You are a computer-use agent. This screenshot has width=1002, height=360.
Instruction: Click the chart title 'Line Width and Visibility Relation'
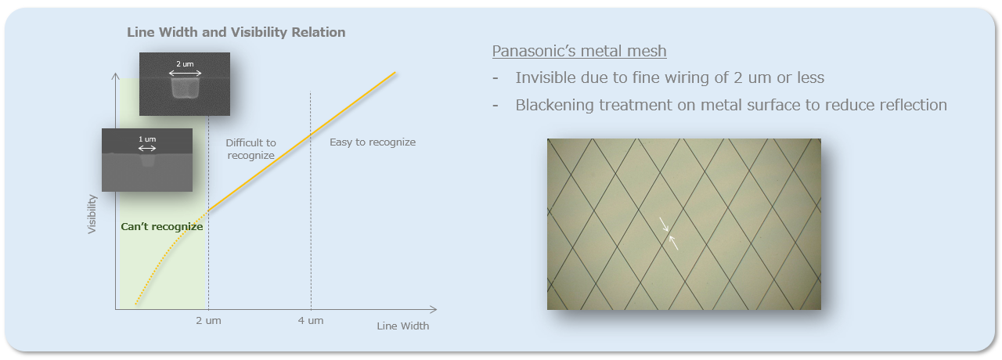[236, 32]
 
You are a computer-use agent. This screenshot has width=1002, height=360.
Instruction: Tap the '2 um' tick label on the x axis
[208, 321]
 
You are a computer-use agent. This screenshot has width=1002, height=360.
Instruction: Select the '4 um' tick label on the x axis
[311, 321]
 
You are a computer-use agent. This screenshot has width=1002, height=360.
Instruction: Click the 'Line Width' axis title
[402, 326]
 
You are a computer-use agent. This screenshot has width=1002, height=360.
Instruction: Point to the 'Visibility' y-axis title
[92, 214]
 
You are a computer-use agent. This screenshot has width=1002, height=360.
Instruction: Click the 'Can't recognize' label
[162, 227]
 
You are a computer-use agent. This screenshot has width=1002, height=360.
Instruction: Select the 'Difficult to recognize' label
[251, 149]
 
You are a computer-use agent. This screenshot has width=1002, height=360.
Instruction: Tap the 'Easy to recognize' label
[373, 142]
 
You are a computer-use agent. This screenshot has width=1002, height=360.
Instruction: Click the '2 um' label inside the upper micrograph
[185, 64]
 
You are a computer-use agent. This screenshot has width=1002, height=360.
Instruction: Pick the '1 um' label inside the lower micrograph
[147, 139]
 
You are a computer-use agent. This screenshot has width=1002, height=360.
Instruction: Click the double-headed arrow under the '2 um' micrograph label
[186, 73]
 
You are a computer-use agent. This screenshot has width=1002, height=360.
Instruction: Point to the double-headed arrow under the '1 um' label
[147, 149]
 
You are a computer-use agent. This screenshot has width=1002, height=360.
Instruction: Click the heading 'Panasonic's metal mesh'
[579, 51]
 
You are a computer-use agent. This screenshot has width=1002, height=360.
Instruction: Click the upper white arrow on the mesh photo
[665, 225]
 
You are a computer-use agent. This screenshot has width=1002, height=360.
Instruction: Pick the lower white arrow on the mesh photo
[673, 243]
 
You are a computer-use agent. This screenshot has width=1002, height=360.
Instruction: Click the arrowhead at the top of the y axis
[115, 77]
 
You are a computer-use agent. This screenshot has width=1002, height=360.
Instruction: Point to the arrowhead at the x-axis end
[433, 309]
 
